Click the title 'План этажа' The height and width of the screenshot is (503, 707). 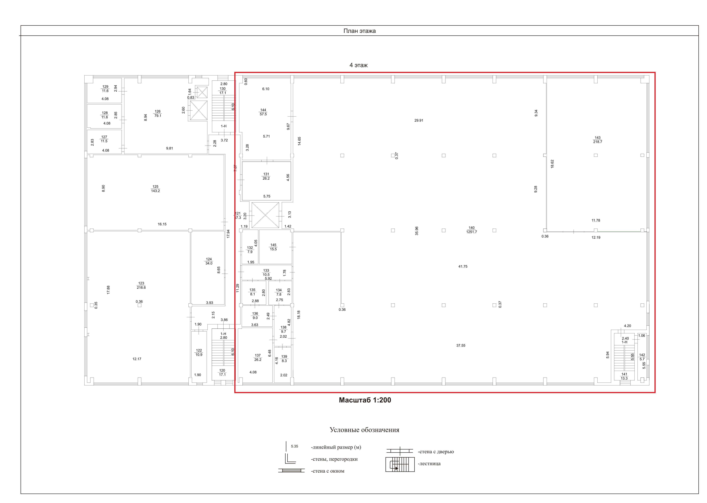click(359, 31)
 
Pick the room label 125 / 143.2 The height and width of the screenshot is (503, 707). click(156, 189)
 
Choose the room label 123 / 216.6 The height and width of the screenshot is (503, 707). click(141, 285)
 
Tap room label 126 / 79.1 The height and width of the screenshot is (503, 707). click(158, 113)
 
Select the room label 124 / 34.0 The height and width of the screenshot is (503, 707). click(209, 261)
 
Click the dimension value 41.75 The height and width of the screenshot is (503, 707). click(463, 266)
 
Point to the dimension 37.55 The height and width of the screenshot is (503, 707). click(461, 345)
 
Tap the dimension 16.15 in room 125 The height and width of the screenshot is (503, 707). click(162, 224)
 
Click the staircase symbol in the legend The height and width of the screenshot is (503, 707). click(400, 464)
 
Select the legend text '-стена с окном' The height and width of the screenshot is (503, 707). click(327, 471)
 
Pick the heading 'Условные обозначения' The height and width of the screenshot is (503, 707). click(364, 430)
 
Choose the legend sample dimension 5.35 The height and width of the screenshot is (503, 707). click(294, 446)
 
